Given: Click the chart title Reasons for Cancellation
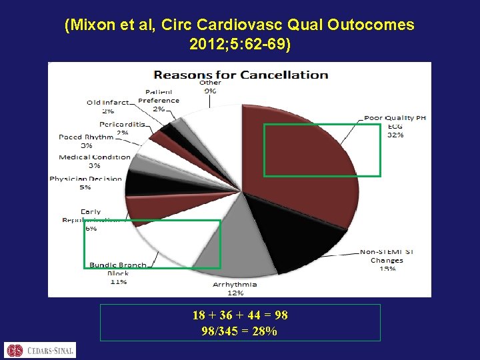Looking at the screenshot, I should [x=241, y=75].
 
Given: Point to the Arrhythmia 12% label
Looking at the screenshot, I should [x=235, y=288].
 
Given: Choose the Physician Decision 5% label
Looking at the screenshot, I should [x=85, y=183].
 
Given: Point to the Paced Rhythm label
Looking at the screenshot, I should [x=85, y=141].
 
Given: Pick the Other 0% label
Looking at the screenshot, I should [x=209, y=86].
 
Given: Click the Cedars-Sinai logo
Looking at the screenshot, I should [x=40, y=349].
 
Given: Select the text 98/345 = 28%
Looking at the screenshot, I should [x=239, y=331].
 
